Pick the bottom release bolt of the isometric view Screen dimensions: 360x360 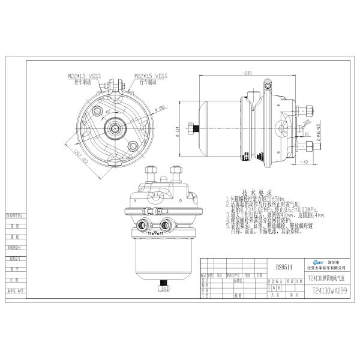click(x=161, y=289)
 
